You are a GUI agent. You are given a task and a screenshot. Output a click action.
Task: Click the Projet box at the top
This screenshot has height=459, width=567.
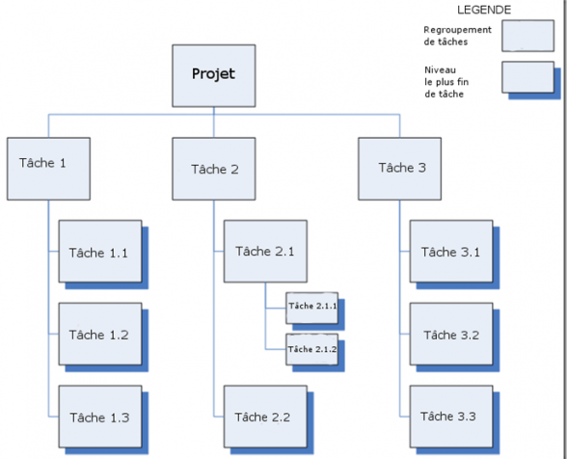(x=214, y=75)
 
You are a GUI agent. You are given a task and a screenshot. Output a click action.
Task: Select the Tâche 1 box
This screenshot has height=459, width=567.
(x=48, y=169)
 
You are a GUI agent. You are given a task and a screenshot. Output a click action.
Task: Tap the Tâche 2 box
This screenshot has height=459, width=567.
(x=214, y=169)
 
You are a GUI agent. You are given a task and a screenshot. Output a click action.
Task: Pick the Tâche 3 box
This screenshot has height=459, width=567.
(x=399, y=169)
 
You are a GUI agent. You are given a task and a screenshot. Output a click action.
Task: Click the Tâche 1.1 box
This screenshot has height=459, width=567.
(x=100, y=252)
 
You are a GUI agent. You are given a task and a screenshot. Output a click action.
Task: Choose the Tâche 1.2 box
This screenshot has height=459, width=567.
(x=100, y=334)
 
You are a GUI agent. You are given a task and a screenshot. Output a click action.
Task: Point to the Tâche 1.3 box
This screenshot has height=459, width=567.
(x=100, y=417)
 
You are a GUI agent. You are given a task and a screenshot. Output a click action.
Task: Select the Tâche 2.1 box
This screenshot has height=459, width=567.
(x=265, y=252)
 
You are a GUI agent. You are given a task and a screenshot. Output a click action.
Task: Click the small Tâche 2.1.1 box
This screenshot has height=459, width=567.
(x=312, y=309)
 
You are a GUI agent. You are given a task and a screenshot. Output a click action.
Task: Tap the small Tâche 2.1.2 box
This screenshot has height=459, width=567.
(x=312, y=349)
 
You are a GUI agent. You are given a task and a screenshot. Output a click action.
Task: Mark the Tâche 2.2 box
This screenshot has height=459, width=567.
(x=265, y=417)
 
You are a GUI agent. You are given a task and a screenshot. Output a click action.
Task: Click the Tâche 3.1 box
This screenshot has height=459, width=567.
(x=451, y=252)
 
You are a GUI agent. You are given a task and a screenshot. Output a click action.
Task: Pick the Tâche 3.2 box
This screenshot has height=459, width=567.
(x=451, y=334)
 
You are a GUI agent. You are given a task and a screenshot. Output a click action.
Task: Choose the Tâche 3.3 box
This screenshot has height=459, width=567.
(x=451, y=417)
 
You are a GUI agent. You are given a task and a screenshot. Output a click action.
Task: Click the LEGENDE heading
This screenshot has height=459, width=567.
(x=484, y=10)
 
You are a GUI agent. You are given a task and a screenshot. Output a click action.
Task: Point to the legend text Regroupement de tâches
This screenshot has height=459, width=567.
(x=457, y=36)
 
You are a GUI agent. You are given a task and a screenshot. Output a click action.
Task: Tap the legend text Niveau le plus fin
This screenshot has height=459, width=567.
(x=446, y=76)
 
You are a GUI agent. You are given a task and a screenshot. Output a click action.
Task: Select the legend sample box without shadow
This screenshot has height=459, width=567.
(x=528, y=36)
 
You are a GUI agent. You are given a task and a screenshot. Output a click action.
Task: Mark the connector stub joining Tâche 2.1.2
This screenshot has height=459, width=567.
(x=276, y=349)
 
